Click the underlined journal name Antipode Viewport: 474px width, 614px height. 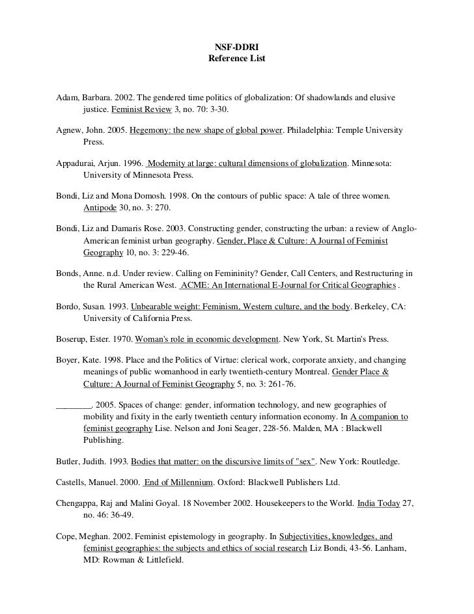[x=98, y=208]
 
